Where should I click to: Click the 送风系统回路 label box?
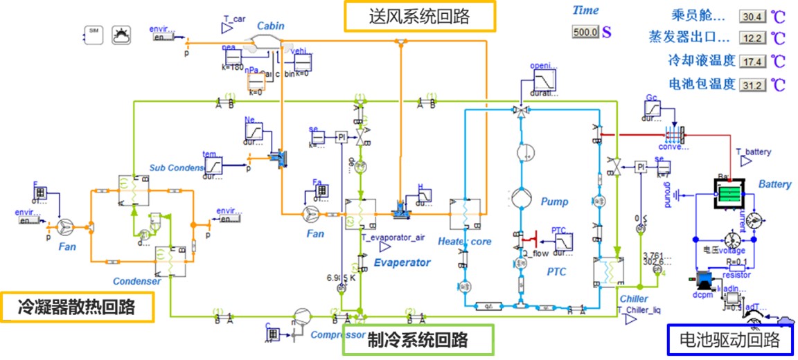pyautogui.click(x=420, y=17)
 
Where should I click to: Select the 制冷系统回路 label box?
pyautogui.click(x=418, y=340)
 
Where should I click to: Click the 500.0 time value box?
pyautogui.click(x=585, y=32)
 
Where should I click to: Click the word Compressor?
pyautogui.click(x=337, y=335)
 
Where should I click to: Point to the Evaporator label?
pyautogui.click(x=402, y=262)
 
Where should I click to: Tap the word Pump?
pyautogui.click(x=554, y=201)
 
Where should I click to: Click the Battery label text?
pyautogui.click(x=774, y=184)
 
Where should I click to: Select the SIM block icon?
pyautogui.click(x=94, y=34)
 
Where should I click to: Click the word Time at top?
pyautogui.click(x=585, y=10)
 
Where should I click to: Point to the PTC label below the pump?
pyautogui.click(x=556, y=272)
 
